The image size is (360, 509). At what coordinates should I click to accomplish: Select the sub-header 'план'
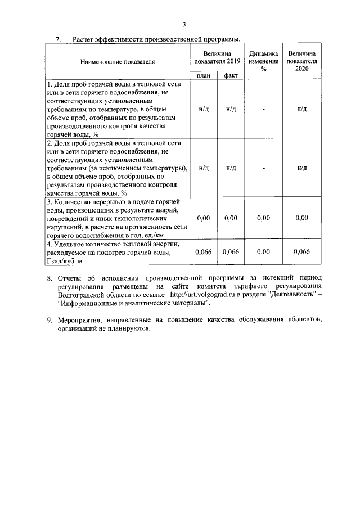[x=204, y=75]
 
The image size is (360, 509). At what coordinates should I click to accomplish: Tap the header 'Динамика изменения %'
[x=263, y=60]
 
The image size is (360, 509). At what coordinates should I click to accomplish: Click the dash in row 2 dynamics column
[x=263, y=168]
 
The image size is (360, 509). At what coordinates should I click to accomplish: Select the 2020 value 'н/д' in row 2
[x=301, y=168]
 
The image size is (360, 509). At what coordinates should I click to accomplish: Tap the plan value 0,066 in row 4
[x=203, y=252]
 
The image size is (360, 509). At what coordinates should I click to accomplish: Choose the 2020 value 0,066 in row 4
[x=301, y=252]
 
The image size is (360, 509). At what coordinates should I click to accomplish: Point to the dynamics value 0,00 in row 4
[x=263, y=252]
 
